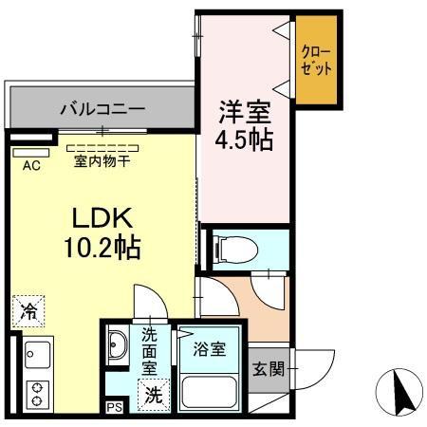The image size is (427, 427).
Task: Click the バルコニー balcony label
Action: [102, 108]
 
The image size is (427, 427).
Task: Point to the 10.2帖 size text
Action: [102, 249]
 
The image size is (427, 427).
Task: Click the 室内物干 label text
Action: [102, 161]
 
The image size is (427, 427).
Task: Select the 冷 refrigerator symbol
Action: [29, 309]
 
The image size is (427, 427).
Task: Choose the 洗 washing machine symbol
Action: [152, 395]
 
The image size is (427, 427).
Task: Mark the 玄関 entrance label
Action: [266, 368]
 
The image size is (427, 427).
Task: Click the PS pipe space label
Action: [114, 408]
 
